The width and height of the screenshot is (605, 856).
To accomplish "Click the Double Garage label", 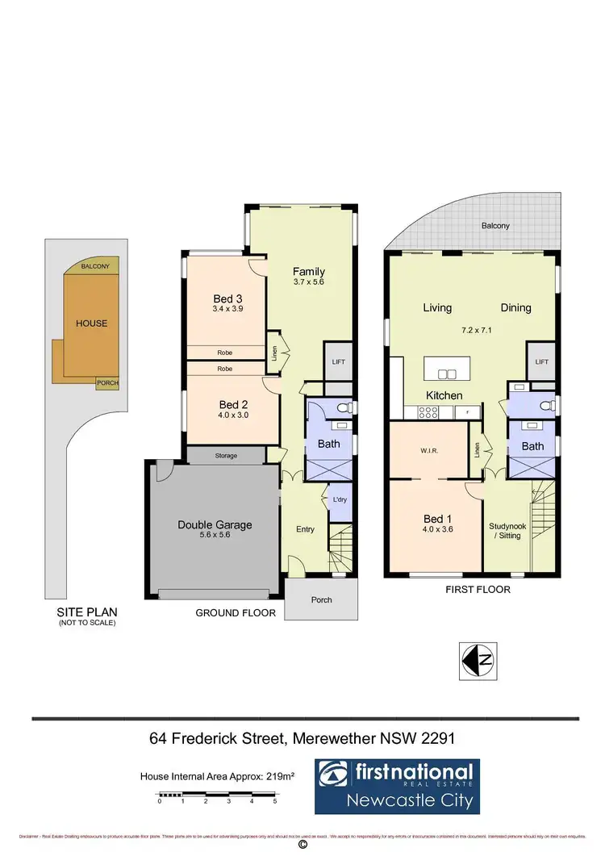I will tap(215, 524).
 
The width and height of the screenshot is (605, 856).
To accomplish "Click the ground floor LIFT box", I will tap(338, 361).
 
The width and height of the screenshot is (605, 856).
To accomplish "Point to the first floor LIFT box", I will tap(540, 362).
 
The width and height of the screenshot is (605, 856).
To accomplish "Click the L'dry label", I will tap(340, 500).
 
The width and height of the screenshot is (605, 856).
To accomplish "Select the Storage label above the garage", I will tap(226, 456).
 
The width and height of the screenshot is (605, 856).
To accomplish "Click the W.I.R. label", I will tap(428, 449).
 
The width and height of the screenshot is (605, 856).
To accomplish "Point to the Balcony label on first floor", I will tap(495, 226).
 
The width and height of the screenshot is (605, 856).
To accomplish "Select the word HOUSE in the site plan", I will tap(91, 323).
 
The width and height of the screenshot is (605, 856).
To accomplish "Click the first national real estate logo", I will tap(397, 786).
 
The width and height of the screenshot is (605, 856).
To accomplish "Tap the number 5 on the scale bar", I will tap(275, 801).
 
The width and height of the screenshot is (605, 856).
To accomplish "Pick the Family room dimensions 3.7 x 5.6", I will tap(308, 282).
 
